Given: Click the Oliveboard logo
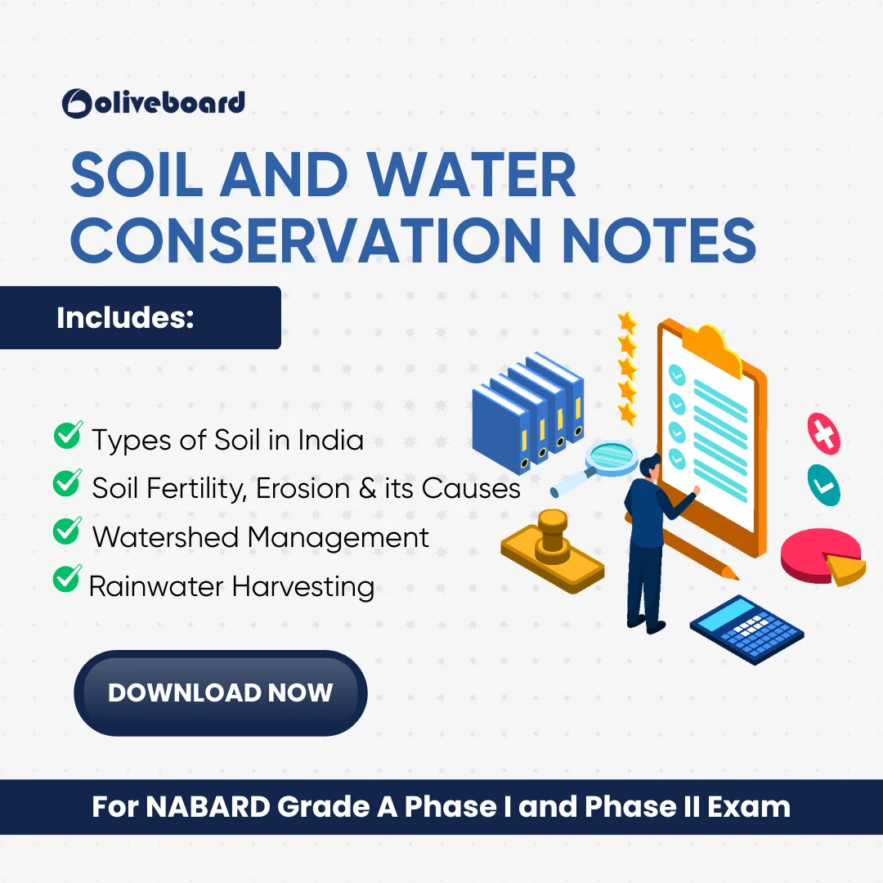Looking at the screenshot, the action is click(154, 103).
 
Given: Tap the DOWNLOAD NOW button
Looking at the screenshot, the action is click(221, 693).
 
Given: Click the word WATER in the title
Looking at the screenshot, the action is click(472, 175).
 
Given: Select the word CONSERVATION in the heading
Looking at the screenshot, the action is click(306, 240).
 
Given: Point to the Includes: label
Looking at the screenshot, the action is click(125, 317).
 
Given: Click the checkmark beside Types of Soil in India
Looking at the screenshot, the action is click(68, 435).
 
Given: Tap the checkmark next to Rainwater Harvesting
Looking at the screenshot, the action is click(67, 578).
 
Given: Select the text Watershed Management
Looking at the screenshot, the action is click(261, 537).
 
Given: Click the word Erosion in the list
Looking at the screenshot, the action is click(303, 488).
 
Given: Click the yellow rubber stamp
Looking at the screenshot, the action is click(553, 551).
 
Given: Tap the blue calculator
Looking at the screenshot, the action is click(746, 630).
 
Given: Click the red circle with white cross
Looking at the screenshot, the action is click(824, 433).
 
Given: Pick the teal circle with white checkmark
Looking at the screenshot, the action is click(824, 485).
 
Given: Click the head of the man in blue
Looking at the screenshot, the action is click(650, 466).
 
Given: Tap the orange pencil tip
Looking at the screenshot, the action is click(732, 574).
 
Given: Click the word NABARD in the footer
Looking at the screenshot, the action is click(208, 806).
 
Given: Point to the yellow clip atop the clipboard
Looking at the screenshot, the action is click(712, 349).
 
